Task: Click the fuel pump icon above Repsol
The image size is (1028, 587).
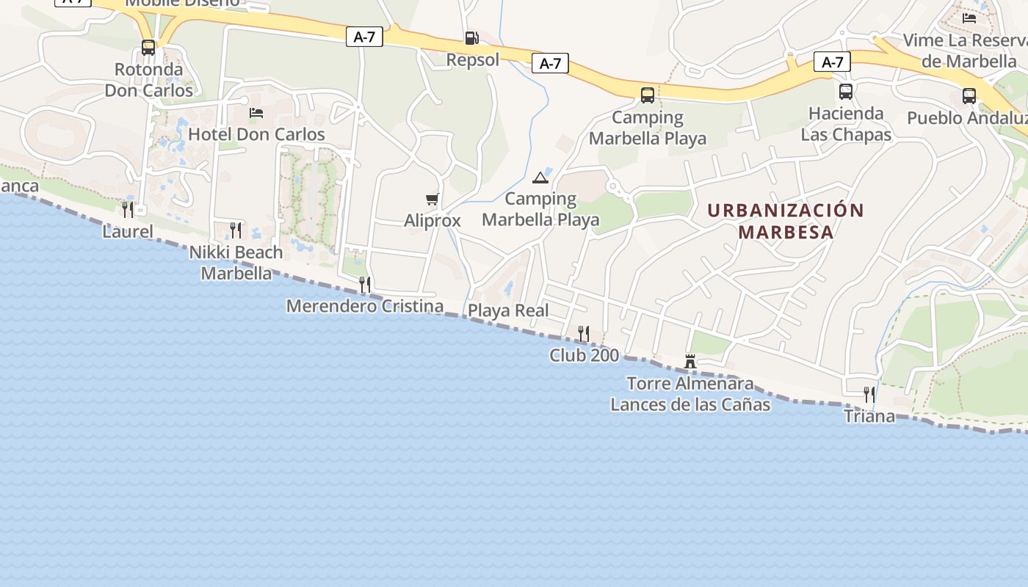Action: point(471,38)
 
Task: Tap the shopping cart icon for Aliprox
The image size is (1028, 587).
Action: point(432,199)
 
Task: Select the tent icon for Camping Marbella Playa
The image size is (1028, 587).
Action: point(540,177)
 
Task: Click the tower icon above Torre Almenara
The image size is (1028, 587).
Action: point(690,361)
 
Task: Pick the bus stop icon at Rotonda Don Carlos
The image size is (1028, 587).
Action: point(148,48)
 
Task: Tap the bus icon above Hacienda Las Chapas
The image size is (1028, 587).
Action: point(846,92)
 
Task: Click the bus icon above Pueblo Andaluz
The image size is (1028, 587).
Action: point(969,95)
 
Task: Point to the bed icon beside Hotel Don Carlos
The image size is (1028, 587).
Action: point(256,113)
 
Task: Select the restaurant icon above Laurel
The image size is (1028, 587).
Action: point(128,210)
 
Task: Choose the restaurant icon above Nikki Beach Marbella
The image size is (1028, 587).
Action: point(236,230)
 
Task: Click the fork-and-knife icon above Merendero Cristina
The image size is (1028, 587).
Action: point(364,284)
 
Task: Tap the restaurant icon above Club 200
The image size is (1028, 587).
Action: point(584,334)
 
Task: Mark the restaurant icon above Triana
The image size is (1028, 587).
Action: point(869,395)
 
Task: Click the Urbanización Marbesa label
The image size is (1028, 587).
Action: point(786,221)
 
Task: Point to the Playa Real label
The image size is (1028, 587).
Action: point(508,310)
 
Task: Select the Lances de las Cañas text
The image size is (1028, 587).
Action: point(690,404)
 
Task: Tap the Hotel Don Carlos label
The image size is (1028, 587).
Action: point(256,134)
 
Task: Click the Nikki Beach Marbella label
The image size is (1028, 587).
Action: point(236,263)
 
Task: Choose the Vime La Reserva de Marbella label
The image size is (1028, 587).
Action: point(965,50)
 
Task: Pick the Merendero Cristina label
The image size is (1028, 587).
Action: point(365,306)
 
